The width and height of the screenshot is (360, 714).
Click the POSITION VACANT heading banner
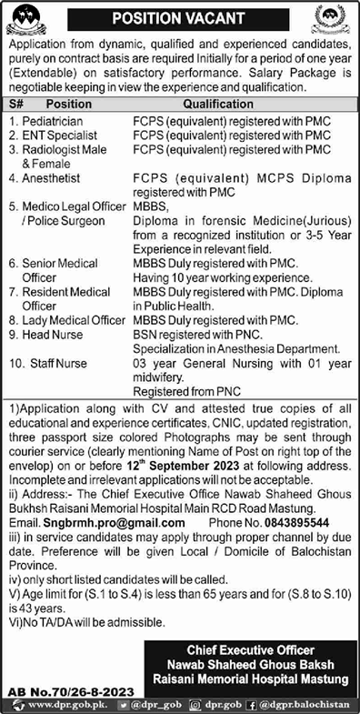click(179, 18)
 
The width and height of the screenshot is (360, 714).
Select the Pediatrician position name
click(55, 120)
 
